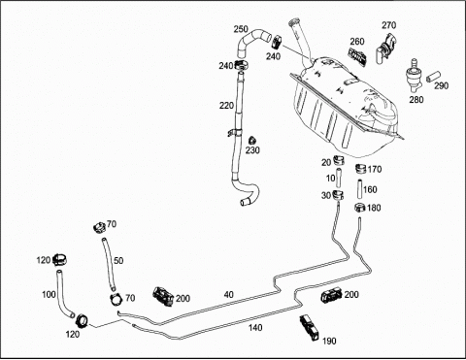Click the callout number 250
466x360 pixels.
(x=241, y=29)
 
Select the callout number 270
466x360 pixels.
(x=388, y=25)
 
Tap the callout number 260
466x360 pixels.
(x=357, y=42)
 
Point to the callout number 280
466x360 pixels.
(x=416, y=100)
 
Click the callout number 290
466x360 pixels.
(x=442, y=85)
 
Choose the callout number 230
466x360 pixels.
(x=252, y=150)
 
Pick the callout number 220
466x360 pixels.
(x=226, y=106)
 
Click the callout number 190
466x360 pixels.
(x=329, y=341)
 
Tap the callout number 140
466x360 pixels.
(x=255, y=328)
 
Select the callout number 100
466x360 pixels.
(x=49, y=295)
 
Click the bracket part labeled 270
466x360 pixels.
(x=385, y=48)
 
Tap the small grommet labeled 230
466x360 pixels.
(x=251, y=141)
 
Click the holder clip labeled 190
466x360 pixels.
(x=310, y=327)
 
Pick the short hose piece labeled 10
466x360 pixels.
(x=338, y=178)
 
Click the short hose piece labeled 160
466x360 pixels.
(x=359, y=189)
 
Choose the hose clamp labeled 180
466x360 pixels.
(x=360, y=208)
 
